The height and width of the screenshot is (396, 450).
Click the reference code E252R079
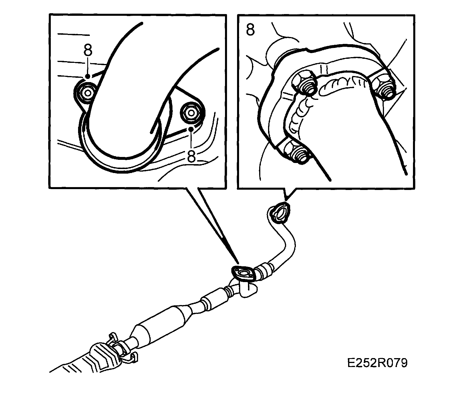click(377, 363)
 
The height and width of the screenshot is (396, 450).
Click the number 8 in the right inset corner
click(250, 30)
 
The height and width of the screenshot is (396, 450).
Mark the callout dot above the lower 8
click(190, 129)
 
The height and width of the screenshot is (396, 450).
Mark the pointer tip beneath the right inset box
click(286, 200)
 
